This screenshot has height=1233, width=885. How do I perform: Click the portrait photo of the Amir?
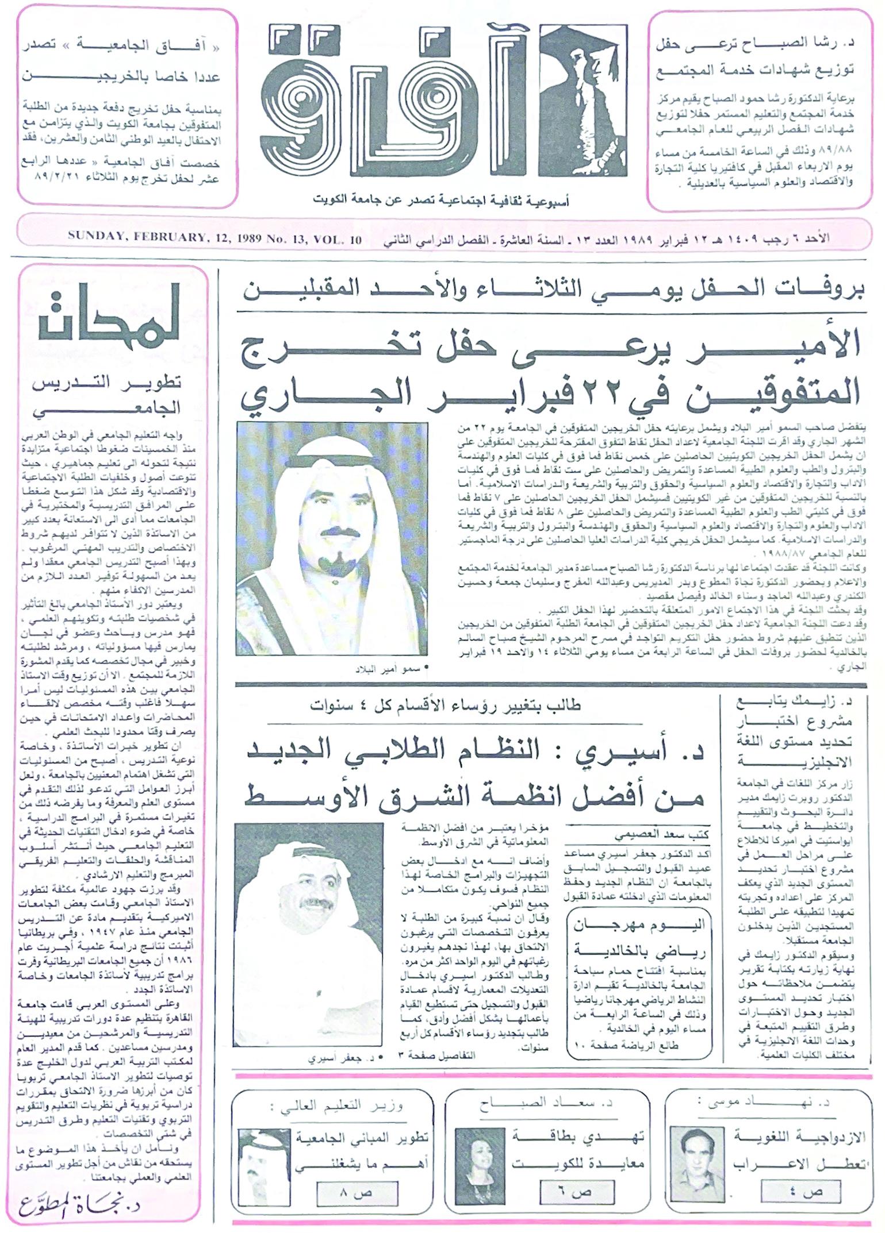coord(332,538)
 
